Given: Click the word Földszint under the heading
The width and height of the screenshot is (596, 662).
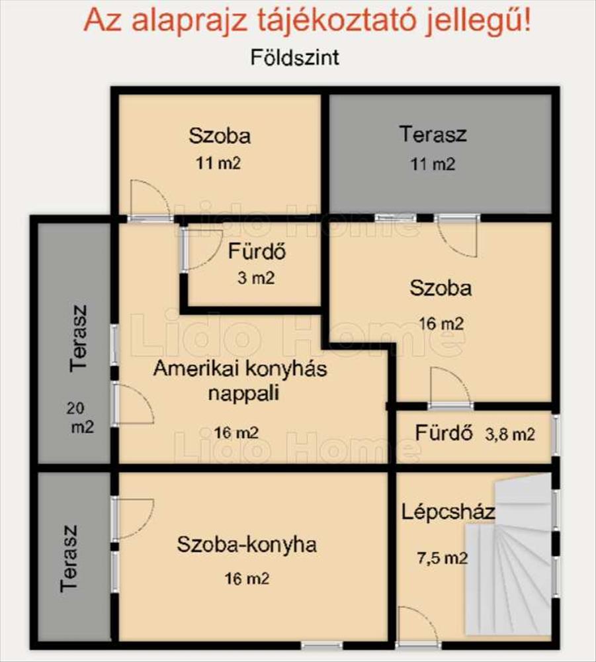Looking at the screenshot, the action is tap(295, 58).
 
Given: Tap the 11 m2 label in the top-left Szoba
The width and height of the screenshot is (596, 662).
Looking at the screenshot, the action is tap(218, 164).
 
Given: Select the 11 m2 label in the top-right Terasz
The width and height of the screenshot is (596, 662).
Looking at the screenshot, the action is tap(433, 164).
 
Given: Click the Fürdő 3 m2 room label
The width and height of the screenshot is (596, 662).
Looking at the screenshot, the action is tap(257, 264).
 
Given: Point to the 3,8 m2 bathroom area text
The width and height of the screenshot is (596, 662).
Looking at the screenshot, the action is tap(510, 434).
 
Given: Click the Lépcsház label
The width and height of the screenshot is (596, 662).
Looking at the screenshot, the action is tap(448, 512).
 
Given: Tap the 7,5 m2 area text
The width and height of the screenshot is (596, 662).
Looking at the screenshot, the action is tap(443, 558).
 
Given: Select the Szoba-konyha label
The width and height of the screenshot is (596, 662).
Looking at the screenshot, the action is tap(247, 544).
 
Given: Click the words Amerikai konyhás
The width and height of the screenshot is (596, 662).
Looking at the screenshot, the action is tap(240, 369).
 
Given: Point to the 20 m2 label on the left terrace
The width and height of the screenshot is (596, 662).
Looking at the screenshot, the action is tap(80, 418).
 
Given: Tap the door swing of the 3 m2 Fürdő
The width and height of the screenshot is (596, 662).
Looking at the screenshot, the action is tap(200, 248).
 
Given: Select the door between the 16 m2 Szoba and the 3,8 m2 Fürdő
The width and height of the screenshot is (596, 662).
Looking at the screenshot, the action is tap(450, 387).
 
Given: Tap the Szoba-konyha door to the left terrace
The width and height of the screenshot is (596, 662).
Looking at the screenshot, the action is tap(132, 518).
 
